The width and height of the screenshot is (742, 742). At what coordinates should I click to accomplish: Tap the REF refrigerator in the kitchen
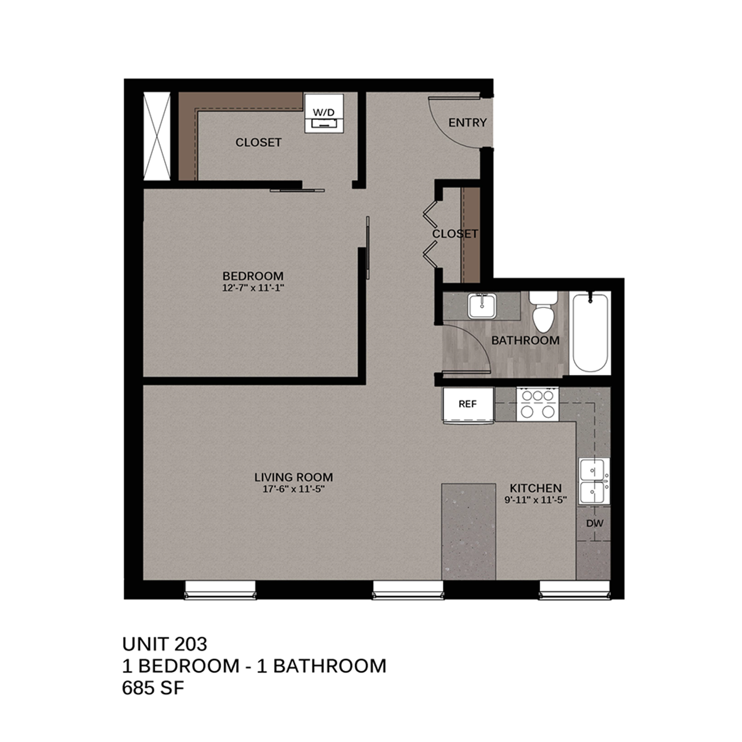[468, 405]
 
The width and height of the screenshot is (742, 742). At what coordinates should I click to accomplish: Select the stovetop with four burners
[537, 404]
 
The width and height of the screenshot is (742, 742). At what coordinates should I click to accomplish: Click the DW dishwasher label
[595, 523]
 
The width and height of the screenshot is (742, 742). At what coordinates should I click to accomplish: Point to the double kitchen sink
[594, 481]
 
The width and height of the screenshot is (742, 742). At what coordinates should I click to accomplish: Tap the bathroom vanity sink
[482, 306]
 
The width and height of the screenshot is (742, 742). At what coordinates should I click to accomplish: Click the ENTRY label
[467, 123]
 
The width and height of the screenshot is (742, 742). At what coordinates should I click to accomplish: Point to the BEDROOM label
[253, 276]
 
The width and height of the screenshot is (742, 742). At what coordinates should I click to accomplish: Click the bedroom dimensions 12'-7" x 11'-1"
[253, 288]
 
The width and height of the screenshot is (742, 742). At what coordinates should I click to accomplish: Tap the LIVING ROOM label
[294, 477]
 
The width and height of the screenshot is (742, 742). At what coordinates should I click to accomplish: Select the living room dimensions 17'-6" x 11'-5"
[294, 489]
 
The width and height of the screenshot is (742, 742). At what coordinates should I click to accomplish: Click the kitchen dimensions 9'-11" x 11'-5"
[536, 500]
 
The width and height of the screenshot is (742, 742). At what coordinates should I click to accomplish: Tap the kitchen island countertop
[468, 531]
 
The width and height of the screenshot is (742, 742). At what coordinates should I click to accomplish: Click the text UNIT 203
[165, 644]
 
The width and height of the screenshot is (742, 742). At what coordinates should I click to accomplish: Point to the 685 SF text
[153, 688]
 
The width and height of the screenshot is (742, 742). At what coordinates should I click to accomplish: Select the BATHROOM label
[525, 340]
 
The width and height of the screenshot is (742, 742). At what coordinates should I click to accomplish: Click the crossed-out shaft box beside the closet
[157, 136]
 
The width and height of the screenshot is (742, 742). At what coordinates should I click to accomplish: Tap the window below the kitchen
[575, 590]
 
